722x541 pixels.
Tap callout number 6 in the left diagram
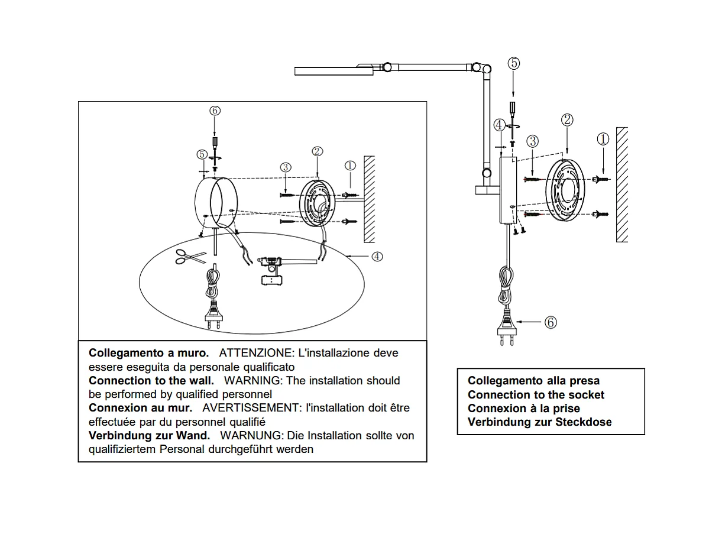tap(215, 111)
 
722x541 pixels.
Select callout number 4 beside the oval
tap(377, 256)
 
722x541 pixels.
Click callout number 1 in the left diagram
tap(350, 166)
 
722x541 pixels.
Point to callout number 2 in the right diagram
tap(567, 120)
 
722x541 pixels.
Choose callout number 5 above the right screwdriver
tap(514, 63)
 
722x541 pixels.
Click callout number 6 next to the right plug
tap(551, 322)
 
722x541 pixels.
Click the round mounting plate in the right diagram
tap(565, 191)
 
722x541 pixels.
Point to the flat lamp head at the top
tap(334, 70)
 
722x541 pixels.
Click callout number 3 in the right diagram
tap(533, 141)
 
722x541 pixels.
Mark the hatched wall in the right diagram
tap(621, 183)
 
